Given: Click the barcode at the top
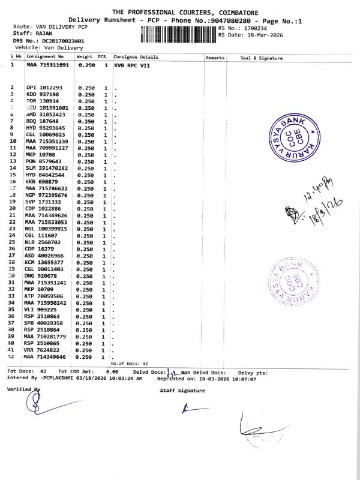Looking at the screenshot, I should [x=178, y=34].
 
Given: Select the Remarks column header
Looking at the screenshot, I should [x=215, y=58].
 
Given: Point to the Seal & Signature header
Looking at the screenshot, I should [x=261, y=58].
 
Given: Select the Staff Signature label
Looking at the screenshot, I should [x=182, y=391].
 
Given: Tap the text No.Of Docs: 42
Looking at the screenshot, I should [x=129, y=363].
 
